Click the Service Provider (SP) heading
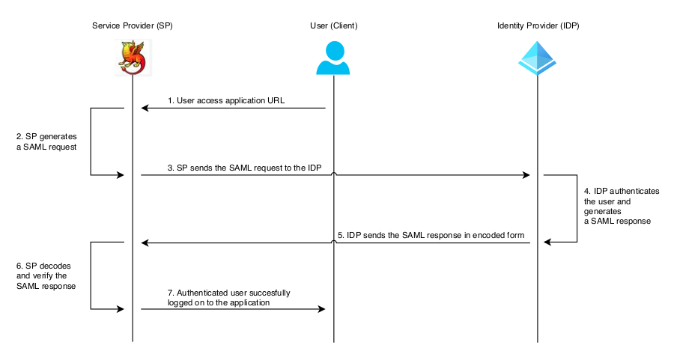coord(132,25)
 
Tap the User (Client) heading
coord(333,25)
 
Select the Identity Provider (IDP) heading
coord(538,25)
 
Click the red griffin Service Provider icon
coord(133,58)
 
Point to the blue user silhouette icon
coord(333,58)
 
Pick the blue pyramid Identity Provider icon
coord(538,58)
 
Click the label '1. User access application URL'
coord(225,100)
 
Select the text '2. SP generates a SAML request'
coord(46,141)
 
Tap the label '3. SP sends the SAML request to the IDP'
coord(244,167)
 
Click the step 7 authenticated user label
coord(228,297)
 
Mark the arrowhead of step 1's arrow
coord(146,109)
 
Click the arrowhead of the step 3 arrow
coord(526,175)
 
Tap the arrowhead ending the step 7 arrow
coord(321,309)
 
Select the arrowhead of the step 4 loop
coord(548,242)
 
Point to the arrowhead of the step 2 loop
coord(119,175)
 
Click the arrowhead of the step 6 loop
coord(119,309)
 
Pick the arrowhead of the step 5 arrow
coord(146,242)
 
